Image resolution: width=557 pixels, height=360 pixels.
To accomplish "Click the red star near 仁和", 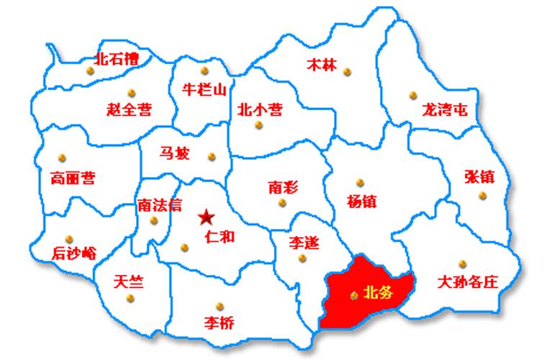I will pos(207,216).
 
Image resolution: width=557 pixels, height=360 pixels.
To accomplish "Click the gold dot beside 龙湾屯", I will pos(413,95).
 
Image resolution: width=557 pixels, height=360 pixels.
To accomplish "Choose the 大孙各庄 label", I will pos(468,282).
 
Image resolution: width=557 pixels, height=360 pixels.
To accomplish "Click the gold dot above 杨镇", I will pos(361,182).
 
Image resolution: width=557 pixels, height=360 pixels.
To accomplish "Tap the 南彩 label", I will pos(283,187).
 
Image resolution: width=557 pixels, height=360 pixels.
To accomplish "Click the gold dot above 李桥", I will pos(219,305).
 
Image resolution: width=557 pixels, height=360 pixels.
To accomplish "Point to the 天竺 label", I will pos(128,282).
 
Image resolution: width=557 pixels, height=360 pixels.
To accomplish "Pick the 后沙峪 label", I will pos(75,253).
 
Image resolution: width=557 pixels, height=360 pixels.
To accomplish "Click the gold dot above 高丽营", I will pos(62,158).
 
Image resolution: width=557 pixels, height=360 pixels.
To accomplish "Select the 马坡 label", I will pos(175,153).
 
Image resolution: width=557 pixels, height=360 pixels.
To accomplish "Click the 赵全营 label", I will pos(129,109).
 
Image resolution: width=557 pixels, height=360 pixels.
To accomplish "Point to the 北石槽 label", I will pos(117,58).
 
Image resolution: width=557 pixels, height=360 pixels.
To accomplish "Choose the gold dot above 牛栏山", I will pos(204,71).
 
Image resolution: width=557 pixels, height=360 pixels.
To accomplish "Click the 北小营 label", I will pos(260,110).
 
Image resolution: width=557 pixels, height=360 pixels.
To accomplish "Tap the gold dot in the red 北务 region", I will pos(353,294).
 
